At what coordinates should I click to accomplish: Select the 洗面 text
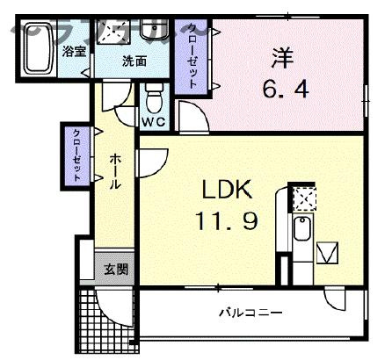[134, 61]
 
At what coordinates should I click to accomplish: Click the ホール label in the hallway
[115, 173]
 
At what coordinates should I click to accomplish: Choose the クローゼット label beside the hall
[77, 155]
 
